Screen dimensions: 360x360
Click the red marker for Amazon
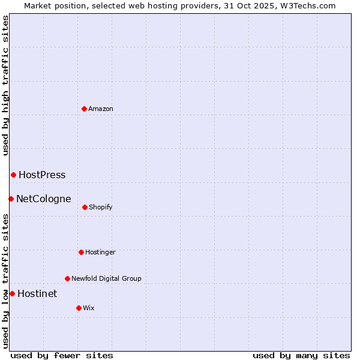point(85,109)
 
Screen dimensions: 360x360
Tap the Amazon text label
point(101,109)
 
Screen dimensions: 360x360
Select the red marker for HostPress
point(13,175)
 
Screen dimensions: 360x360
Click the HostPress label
point(42,175)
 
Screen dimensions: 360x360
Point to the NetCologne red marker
point(11,199)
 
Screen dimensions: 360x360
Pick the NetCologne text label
point(44,199)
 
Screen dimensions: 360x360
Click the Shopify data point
point(85,207)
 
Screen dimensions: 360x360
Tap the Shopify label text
point(101,208)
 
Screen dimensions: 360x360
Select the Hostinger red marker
point(81,252)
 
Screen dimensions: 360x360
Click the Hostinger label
point(100,253)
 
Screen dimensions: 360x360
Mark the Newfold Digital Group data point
point(67,278)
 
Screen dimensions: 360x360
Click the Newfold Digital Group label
point(106,279)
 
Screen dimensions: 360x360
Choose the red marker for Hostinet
point(12,293)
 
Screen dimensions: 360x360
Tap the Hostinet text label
point(37,294)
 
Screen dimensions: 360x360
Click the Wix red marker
point(79,308)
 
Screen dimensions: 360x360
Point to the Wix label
point(89,308)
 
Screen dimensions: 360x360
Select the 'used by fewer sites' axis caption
point(62,355)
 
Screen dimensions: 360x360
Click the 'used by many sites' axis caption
point(301,355)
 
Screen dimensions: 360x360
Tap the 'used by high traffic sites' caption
point(5,85)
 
